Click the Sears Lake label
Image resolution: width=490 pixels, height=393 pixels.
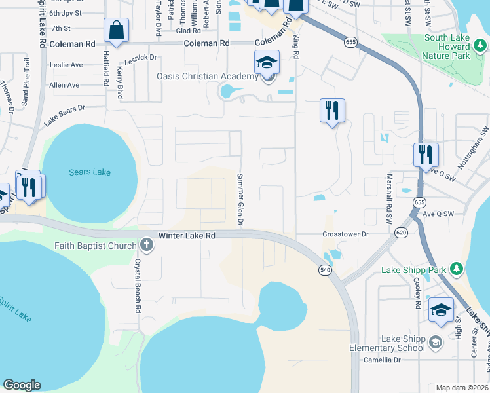click(x=90, y=172)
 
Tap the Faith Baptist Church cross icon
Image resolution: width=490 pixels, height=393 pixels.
click(x=146, y=246)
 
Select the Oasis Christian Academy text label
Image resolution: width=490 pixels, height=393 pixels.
click(x=207, y=77)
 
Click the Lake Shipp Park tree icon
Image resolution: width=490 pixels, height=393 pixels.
click(x=457, y=270)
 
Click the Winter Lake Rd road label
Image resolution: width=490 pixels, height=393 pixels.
click(x=187, y=234)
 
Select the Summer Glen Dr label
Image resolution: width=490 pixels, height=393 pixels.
click(x=240, y=200)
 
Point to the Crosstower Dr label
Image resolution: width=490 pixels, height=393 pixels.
click(x=347, y=234)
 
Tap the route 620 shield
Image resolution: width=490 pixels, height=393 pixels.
click(x=402, y=232)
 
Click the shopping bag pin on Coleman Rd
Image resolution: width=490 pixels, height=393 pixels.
click(x=116, y=30)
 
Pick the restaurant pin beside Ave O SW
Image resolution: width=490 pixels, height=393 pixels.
click(x=426, y=155)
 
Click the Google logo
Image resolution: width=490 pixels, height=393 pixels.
click(x=22, y=385)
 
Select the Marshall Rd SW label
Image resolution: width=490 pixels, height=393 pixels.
click(x=388, y=198)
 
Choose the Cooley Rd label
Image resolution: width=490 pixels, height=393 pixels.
click(x=417, y=293)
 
